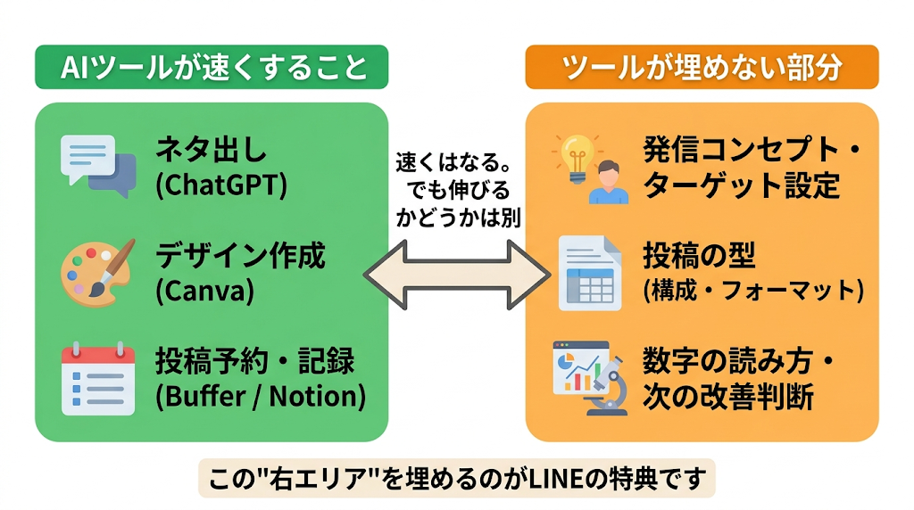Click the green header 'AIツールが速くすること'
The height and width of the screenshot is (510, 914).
click(212, 67)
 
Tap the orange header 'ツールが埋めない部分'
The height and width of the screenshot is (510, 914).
click(702, 67)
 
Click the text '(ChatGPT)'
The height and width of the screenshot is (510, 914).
click(221, 185)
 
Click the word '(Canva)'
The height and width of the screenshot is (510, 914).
click(205, 291)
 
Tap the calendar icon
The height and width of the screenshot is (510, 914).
click(98, 379)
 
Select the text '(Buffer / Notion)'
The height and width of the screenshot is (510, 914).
click(261, 397)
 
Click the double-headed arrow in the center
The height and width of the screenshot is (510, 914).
click(456, 275)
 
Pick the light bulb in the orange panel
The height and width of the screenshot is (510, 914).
click(577, 157)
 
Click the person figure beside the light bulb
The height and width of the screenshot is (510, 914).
click(608, 182)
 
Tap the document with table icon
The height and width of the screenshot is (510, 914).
click(590, 273)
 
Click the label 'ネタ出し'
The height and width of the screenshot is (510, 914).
click(211, 150)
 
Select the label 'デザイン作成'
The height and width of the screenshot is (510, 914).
click(240, 256)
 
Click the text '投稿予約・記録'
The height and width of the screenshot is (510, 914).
click(254, 361)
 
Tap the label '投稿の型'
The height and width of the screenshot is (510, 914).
click(699, 255)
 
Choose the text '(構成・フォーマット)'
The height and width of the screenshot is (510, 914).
click(753, 290)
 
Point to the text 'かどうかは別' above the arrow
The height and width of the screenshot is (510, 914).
click(458, 218)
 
